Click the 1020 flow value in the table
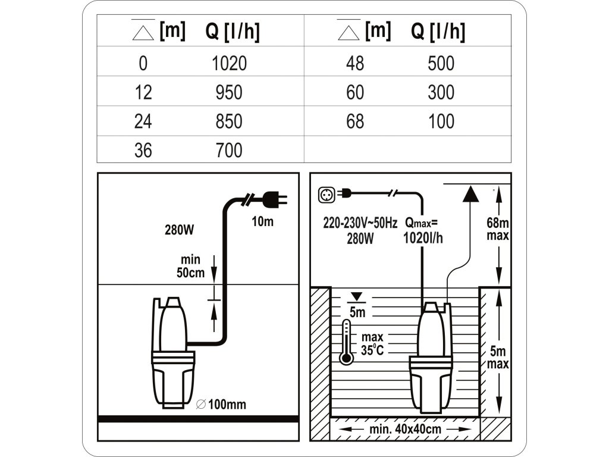coord(229,63)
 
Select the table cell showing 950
coord(229,92)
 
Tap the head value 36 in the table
coord(143,150)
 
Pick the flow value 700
coord(229,150)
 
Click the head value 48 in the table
coord(354,63)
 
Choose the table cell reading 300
coord(441,92)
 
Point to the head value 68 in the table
coord(354,121)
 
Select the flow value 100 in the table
coord(441,121)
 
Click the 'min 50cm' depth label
coord(191,265)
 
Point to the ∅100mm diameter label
coord(221,405)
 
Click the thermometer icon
coord(345,342)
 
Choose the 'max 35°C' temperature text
coord(371,343)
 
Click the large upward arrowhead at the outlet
coord(470,194)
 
